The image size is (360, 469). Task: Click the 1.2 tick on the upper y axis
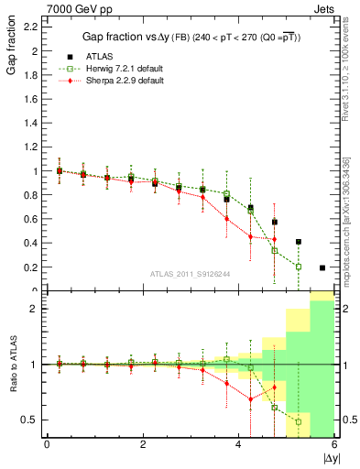pos(29,147)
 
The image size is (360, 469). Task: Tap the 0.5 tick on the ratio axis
pos(29,420)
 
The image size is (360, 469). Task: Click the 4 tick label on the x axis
pos(239,445)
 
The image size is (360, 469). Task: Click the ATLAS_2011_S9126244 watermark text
pos(190,272)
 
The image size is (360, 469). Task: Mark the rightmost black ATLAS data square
pos(322,267)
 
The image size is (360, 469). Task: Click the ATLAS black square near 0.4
pos(299,242)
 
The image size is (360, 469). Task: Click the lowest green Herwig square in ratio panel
pos(299,422)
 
